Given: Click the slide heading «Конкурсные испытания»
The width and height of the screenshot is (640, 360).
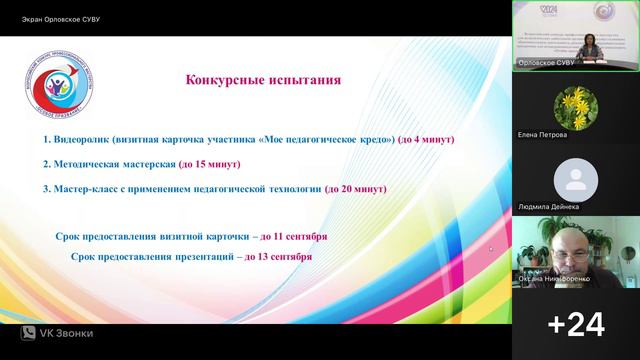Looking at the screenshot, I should pyautogui.click(x=263, y=80).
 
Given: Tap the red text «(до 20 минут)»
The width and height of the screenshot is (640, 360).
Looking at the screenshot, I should pyautogui.click(x=360, y=188).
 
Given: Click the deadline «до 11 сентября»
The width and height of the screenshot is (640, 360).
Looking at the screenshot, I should pyautogui.click(x=290, y=236).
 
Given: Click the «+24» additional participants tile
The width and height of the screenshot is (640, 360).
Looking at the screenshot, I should pyautogui.click(x=576, y=323).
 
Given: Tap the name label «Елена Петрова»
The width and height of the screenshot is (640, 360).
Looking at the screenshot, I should pyautogui.click(x=543, y=134).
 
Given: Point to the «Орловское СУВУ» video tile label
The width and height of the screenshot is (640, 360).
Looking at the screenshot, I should pyautogui.click(x=547, y=62).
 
